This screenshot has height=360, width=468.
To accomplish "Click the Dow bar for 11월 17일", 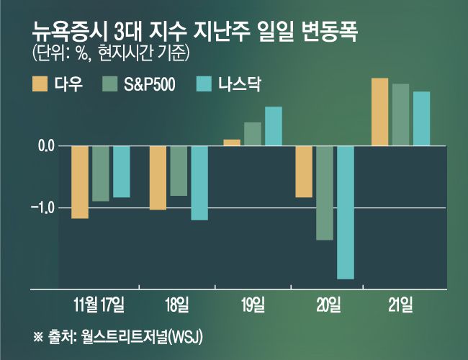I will [x=80, y=182].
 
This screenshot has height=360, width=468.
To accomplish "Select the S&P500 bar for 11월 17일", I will [x=101, y=174].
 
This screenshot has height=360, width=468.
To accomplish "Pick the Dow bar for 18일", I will [x=158, y=178].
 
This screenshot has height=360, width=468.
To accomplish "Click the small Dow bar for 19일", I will [x=232, y=143].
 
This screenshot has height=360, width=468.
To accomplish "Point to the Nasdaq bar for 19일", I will [x=274, y=126].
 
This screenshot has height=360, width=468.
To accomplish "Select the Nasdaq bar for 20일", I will [x=346, y=212].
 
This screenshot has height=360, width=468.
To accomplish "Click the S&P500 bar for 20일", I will [x=325, y=193].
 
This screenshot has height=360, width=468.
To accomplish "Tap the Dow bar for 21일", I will [x=379, y=112].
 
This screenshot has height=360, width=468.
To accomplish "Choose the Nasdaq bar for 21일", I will [x=421, y=118].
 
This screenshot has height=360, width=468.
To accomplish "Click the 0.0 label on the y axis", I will [x=47, y=146].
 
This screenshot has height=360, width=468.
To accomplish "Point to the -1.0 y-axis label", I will [x=45, y=208].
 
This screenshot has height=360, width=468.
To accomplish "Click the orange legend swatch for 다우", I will [x=40, y=84].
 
